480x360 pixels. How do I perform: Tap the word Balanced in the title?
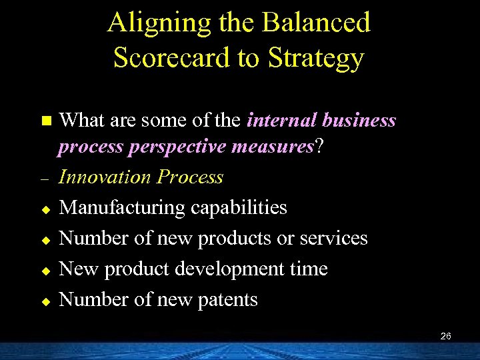click(x=316, y=23)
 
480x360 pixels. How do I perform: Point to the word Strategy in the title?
click(x=316, y=58)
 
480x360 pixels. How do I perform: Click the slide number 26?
click(x=446, y=337)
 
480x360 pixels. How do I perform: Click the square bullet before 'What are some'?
click(x=45, y=121)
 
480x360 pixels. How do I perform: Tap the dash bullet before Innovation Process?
click(x=45, y=180)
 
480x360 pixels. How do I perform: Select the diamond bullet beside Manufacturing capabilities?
click(x=45, y=209)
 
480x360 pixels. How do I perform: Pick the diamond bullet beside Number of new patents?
click(x=45, y=301)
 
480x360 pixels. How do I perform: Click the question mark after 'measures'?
click(x=319, y=146)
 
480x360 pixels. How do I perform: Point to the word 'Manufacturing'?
click(x=123, y=208)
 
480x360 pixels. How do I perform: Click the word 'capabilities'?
click(x=239, y=208)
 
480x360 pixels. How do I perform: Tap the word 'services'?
click(x=335, y=239)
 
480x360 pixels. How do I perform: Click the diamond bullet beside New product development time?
click(x=45, y=271)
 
